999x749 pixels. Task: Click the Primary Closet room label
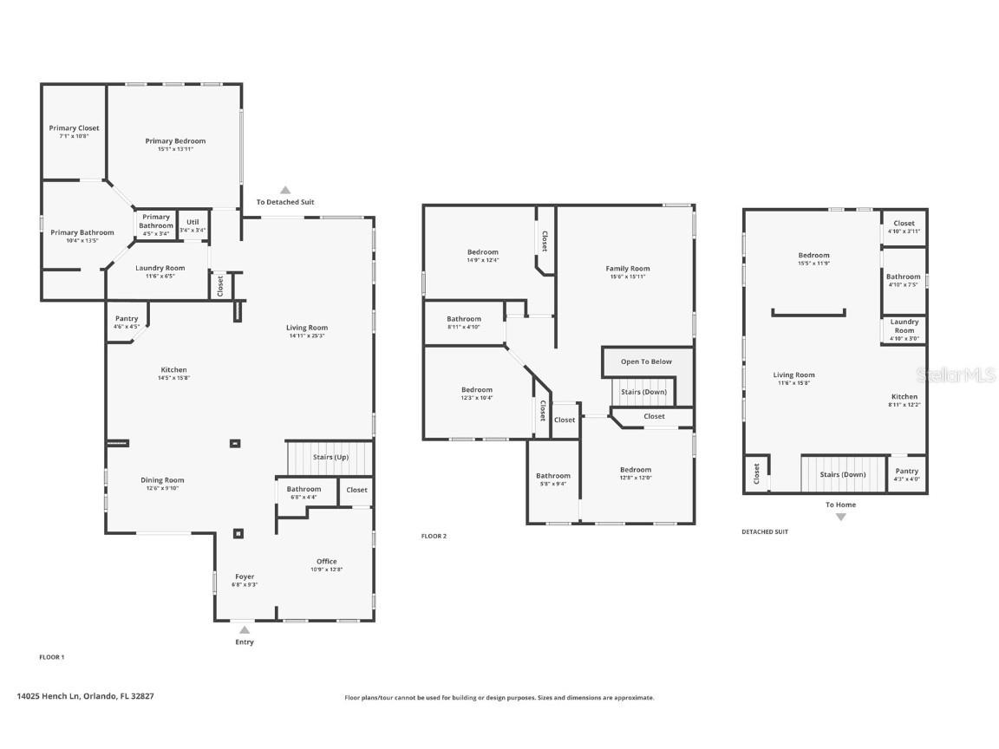click(x=74, y=128)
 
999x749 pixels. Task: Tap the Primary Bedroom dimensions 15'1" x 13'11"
click(x=175, y=149)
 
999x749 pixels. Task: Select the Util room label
click(x=193, y=222)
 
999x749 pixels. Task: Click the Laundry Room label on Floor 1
click(x=160, y=268)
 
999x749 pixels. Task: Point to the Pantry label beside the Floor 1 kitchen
click(x=127, y=319)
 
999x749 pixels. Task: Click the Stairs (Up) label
click(x=329, y=457)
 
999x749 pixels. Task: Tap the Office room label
click(x=327, y=561)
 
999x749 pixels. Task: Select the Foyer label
click(x=245, y=576)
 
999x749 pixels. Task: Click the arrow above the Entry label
click(x=245, y=630)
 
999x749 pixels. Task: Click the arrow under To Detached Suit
click(x=284, y=190)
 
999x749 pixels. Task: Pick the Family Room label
click(x=627, y=269)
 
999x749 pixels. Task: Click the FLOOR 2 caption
click(x=434, y=537)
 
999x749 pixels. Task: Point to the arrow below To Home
click(x=840, y=517)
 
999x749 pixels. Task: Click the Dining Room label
click(x=163, y=480)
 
